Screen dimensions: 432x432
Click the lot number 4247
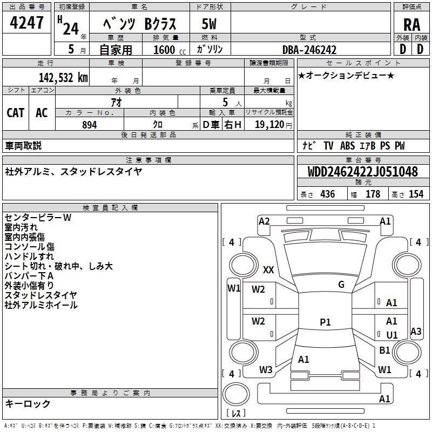pyautogui.click(x=27, y=24)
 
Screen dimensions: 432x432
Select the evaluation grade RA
pyautogui.click(x=411, y=25)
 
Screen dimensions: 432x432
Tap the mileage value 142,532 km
pyautogui.click(x=63, y=77)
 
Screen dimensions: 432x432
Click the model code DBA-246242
pyautogui.click(x=309, y=50)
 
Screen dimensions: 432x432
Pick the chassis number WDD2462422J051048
pyautogui.click(x=362, y=172)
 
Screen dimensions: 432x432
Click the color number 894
pyautogui.click(x=89, y=125)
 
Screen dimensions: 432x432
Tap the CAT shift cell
pyautogui.click(x=16, y=112)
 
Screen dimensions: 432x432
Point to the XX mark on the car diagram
pyautogui.click(x=268, y=269)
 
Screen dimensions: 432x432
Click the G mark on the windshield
pyautogui.click(x=341, y=285)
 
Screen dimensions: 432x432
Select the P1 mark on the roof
pyautogui.click(x=325, y=322)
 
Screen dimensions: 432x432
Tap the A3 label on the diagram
pyautogui.click(x=416, y=332)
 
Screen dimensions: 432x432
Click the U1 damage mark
pyautogui.click(x=392, y=335)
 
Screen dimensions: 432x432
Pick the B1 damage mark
pyautogui.click(x=384, y=350)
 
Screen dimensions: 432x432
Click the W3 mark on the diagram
pyautogui.click(x=266, y=370)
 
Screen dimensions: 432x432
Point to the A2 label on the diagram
pyautogui.click(x=264, y=221)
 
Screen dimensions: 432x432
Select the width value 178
pyautogui.click(x=373, y=194)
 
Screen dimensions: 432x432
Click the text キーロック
pyautogui.click(x=28, y=403)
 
